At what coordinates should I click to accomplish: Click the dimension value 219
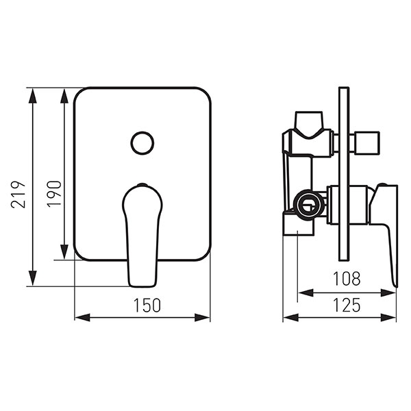click(x=18, y=195)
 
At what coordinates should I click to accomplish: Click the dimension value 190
click(x=54, y=194)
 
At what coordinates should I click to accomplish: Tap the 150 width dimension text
click(x=147, y=306)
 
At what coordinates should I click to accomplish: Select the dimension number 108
click(x=347, y=279)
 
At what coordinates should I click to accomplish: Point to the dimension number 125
click(x=347, y=306)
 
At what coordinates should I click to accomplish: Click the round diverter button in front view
click(x=142, y=143)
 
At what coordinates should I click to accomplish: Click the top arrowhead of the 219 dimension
click(x=32, y=96)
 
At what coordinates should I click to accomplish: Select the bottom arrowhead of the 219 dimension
click(x=32, y=278)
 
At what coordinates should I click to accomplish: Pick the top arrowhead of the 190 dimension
click(x=64, y=96)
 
